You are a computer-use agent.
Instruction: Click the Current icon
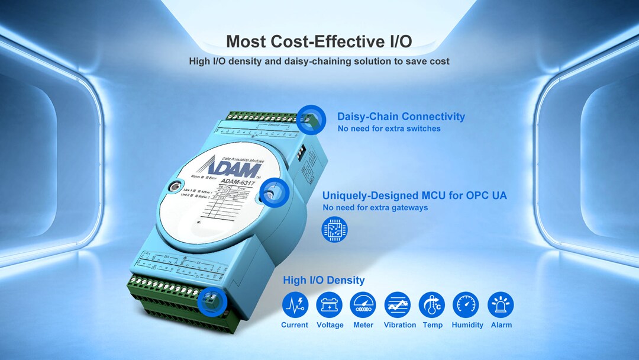coord(295,305)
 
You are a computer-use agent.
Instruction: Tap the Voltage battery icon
coord(329,305)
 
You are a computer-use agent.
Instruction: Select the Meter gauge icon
coord(363,305)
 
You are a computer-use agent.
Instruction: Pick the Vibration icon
coord(398,305)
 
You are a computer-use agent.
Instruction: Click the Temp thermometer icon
coord(432,305)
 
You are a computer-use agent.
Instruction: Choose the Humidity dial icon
coord(466,305)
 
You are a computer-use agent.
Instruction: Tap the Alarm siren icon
coord(501,305)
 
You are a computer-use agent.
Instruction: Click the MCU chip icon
coord(335,230)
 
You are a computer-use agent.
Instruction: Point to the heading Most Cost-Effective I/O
coord(319,41)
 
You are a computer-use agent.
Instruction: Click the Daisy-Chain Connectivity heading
coord(401,117)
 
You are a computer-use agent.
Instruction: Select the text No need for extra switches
coord(389,128)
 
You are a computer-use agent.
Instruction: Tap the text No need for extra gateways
coord(375,208)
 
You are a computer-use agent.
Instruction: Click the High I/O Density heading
coord(324,280)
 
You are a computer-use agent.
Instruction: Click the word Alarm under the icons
coord(501,325)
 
